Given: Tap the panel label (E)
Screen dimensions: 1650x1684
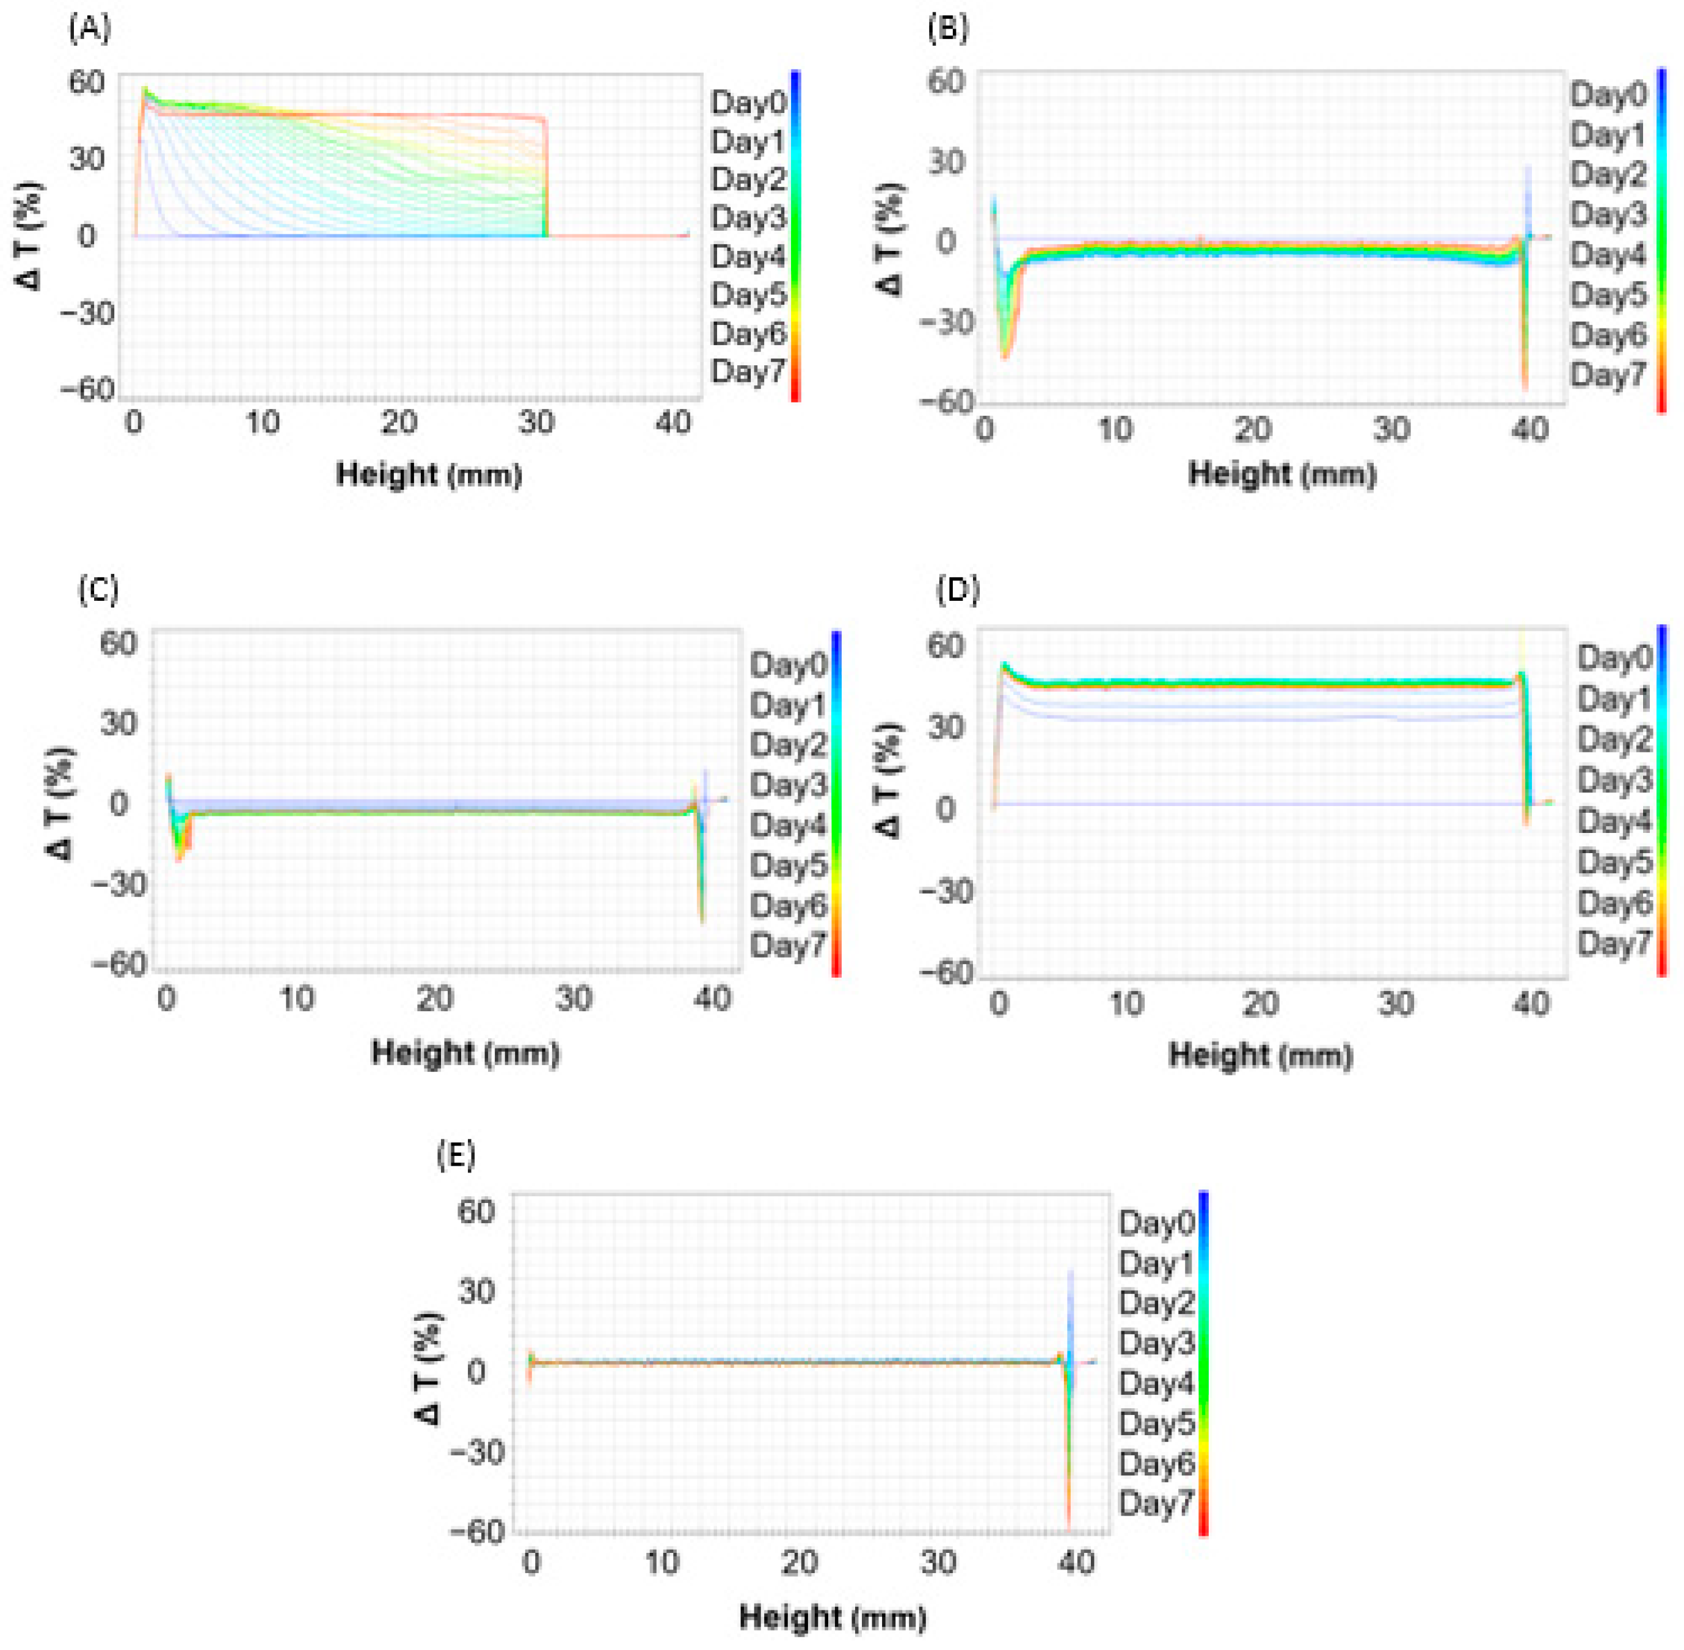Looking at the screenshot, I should (x=456, y=1155).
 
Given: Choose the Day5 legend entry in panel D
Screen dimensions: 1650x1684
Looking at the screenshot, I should (x=1614, y=862).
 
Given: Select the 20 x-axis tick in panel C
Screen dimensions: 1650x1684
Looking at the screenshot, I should (x=434, y=999).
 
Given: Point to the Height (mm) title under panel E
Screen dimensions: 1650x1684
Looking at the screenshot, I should (x=832, y=1616).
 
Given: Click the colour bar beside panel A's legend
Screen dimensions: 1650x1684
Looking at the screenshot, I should (x=795, y=236).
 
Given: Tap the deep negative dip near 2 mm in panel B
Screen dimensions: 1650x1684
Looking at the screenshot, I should (x=1005, y=351).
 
